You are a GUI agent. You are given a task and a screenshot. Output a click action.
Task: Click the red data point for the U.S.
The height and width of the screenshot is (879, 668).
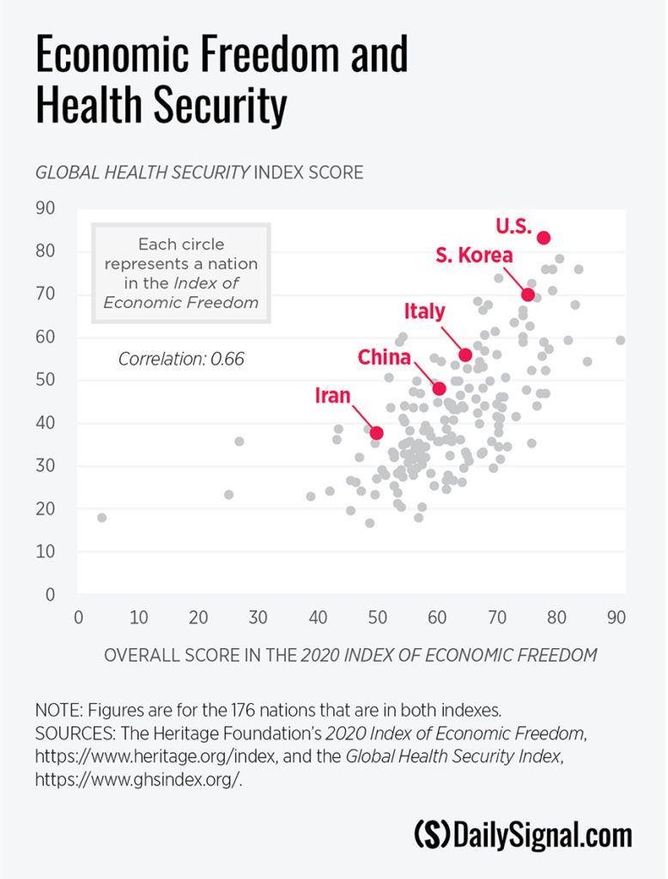tap(544, 238)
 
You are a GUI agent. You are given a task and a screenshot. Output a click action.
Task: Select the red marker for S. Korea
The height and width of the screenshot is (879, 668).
tap(528, 294)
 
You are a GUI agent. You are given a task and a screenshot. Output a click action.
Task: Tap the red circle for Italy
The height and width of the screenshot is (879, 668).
tap(465, 355)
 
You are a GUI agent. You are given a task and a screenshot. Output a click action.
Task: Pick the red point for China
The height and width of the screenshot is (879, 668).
tap(439, 388)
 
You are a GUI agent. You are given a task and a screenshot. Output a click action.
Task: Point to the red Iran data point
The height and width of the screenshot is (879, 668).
tap(376, 433)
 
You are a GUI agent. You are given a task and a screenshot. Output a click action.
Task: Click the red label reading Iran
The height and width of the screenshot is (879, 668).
tap(333, 396)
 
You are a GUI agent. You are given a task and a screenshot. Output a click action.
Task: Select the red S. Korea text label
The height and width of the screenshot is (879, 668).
tap(474, 255)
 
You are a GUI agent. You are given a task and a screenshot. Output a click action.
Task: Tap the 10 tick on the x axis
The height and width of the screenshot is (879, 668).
tap(138, 616)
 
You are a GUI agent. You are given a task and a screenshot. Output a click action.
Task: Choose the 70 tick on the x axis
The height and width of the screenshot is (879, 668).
tap(497, 616)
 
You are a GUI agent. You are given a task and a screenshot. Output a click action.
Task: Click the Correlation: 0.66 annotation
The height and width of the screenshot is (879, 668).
tap(181, 359)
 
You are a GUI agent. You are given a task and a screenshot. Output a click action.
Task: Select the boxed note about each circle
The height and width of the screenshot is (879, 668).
tap(181, 273)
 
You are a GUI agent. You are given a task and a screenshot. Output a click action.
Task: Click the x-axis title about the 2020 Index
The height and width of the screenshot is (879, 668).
tap(350, 656)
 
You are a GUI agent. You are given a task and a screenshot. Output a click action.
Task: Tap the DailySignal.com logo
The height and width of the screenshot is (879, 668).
tap(523, 834)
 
